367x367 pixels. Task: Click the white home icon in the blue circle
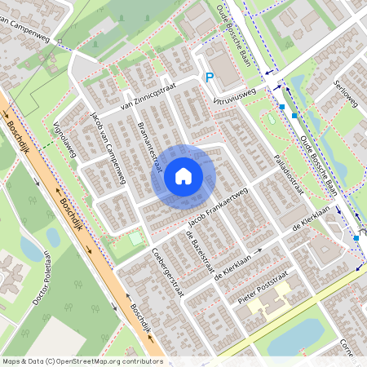183,176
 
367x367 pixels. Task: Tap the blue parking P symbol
210,77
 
